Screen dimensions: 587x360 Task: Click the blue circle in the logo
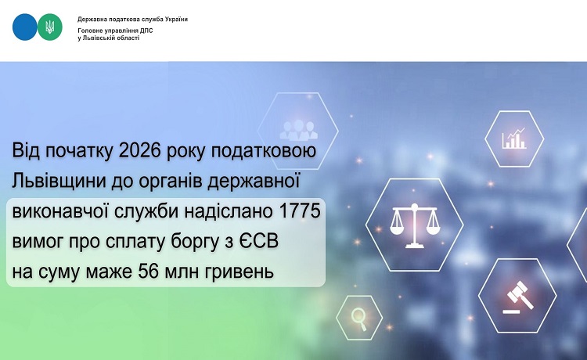coord(25,27)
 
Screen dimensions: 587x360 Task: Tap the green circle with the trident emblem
coord(50,27)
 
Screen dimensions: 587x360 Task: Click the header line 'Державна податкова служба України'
coord(132,19)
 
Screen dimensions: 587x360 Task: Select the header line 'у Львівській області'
coord(108,38)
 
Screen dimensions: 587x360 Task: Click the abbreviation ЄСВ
coord(259,241)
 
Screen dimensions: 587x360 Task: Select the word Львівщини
coord(59,182)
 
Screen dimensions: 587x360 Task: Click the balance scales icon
coord(414,225)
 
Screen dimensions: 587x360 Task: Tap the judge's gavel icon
coord(517,297)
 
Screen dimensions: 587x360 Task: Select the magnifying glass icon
coord(359,318)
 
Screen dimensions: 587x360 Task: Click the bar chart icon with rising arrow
coord(514,139)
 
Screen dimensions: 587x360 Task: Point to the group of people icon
coord(298,129)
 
